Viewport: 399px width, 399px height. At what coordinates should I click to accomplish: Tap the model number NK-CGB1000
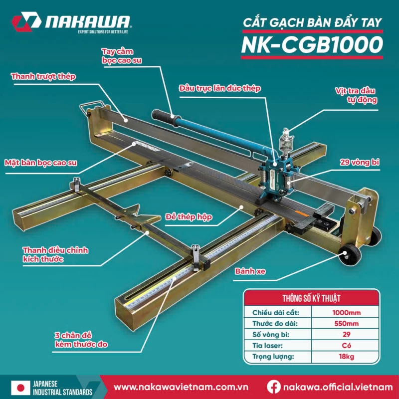click(x=312, y=44)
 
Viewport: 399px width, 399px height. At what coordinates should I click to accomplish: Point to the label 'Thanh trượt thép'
click(x=43, y=77)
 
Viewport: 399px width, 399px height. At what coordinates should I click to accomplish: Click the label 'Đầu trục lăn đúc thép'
click(x=220, y=88)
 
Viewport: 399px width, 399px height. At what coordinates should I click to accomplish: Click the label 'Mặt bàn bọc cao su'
click(x=41, y=163)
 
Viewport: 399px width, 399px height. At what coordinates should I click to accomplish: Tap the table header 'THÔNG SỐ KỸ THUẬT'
click(x=311, y=298)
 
